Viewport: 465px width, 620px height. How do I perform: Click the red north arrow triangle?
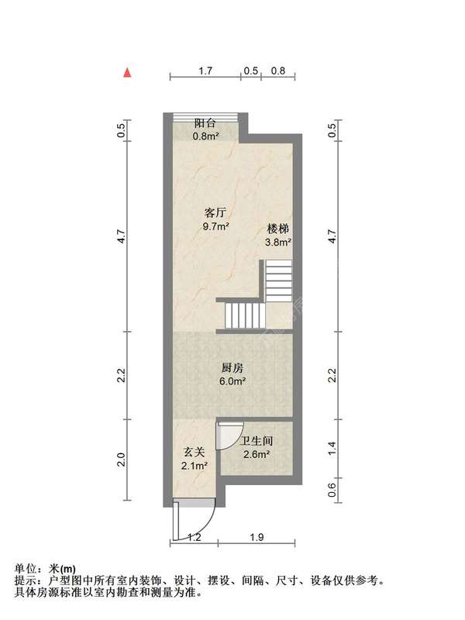tap(127, 72)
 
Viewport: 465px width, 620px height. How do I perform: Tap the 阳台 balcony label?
tap(205, 123)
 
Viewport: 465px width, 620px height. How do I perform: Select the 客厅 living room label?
tap(215, 213)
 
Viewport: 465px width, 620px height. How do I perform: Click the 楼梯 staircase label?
tap(278, 229)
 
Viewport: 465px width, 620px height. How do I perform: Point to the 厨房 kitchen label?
tap(232, 368)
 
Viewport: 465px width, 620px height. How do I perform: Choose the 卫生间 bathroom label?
tap(257, 441)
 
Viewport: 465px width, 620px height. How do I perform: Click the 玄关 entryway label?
tap(195, 452)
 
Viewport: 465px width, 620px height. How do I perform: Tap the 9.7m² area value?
tap(216, 226)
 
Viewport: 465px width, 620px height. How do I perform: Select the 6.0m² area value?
tap(233, 381)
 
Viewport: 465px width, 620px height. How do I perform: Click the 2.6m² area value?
tap(257, 454)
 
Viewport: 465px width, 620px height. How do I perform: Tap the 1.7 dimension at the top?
tap(205, 71)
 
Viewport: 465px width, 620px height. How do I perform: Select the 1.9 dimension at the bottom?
tap(257, 537)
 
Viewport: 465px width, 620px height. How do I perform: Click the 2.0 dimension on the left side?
tap(122, 460)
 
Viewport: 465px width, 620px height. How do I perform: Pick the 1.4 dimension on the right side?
tap(332, 448)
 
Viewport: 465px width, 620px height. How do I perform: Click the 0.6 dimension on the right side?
tap(332, 490)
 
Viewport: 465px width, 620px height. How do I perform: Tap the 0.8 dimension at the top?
tap(278, 71)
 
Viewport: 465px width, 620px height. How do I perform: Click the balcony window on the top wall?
tap(205, 115)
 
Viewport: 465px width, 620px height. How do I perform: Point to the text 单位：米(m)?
tap(45, 569)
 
